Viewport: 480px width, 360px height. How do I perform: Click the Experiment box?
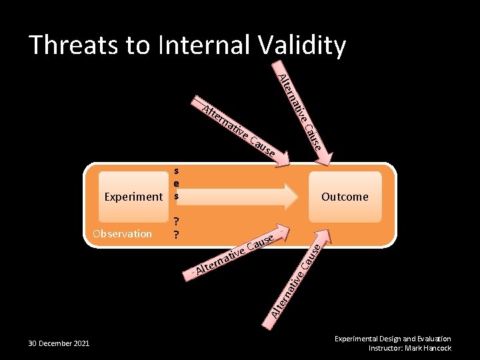[x=133, y=197]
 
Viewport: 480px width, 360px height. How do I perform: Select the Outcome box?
[x=345, y=197]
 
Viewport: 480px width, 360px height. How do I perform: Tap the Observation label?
[x=122, y=234]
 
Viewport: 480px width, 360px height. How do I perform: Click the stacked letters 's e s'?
[x=176, y=183]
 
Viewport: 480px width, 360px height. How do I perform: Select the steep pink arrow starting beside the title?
[x=303, y=113]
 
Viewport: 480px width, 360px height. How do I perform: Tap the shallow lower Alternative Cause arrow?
[x=237, y=253]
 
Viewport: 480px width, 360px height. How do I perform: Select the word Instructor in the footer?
[x=385, y=348]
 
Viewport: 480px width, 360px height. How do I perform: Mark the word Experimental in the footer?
[x=355, y=339]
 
